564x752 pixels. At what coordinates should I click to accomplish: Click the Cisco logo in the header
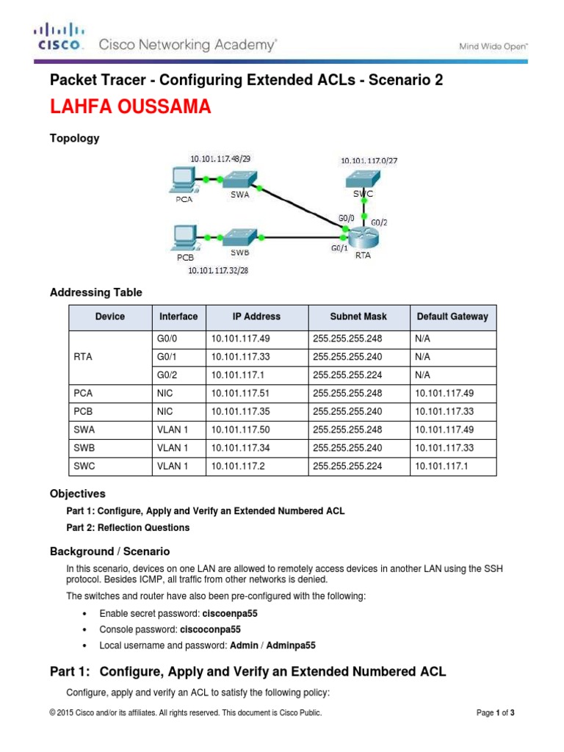[x=58, y=37]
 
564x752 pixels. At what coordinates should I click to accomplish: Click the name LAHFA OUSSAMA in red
[x=130, y=107]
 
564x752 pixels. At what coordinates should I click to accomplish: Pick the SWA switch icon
[x=239, y=178]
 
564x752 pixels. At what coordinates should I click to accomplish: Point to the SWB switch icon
[x=239, y=237]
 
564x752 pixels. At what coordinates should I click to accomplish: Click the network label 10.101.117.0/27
[x=367, y=160]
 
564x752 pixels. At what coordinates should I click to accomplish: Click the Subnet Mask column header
[x=358, y=317]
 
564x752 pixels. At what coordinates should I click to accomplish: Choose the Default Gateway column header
[x=452, y=317]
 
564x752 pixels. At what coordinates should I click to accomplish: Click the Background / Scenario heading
[x=109, y=551]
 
